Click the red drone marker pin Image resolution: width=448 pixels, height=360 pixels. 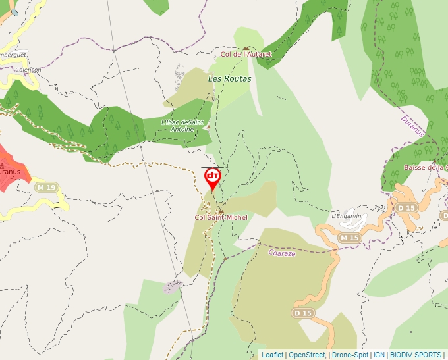213,178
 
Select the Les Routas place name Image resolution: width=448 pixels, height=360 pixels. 229,78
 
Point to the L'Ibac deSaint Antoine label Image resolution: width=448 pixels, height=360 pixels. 182,125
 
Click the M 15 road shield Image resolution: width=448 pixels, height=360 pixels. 349,237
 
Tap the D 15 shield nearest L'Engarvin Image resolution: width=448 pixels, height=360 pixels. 406,208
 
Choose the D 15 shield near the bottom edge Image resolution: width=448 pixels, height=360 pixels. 303,313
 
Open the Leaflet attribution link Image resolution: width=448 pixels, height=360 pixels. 272,355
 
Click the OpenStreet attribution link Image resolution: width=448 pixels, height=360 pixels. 306,355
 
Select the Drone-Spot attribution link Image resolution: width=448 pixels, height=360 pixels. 350,355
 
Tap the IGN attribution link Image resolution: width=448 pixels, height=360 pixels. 379,355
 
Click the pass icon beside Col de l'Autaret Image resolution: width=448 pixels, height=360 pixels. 246,48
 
